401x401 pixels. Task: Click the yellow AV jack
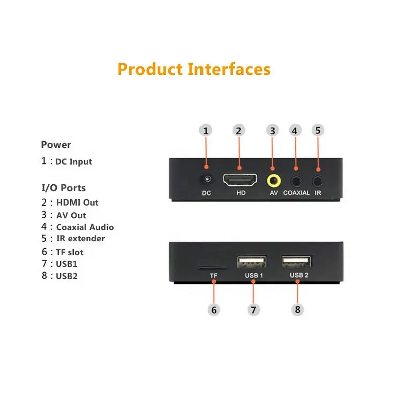(274, 181)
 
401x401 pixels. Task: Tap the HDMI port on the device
(240, 180)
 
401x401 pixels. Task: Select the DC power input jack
(207, 179)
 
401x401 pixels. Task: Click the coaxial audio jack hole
(296, 182)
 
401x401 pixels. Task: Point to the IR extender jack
(318, 182)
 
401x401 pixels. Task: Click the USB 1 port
(252, 262)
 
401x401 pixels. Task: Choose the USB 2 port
(296, 261)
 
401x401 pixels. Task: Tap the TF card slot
(213, 268)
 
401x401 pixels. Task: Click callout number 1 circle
(206, 130)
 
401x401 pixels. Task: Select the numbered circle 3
(272, 130)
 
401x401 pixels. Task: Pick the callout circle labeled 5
(318, 130)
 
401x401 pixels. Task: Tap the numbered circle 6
(214, 310)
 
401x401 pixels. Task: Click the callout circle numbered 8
(297, 309)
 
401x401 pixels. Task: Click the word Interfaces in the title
(229, 69)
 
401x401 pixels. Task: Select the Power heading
(56, 145)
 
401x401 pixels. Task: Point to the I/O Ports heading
(64, 188)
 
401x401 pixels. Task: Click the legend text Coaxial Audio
(85, 227)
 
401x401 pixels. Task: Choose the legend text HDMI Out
(77, 203)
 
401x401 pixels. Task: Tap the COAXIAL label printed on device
(296, 193)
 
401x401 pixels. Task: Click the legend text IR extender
(80, 238)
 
